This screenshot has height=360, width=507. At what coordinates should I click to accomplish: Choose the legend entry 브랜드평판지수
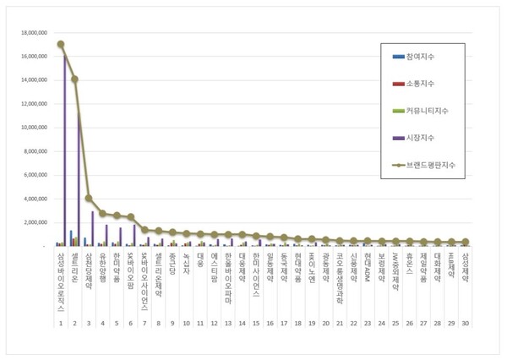point(430,166)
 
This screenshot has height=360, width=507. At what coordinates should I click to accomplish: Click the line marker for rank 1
point(60,44)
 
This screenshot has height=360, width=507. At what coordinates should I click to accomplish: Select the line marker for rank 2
point(74,79)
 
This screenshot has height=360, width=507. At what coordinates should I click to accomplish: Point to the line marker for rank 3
point(88,199)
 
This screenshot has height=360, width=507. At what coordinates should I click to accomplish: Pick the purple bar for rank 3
point(92,228)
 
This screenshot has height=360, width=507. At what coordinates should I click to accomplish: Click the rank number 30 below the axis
point(465,323)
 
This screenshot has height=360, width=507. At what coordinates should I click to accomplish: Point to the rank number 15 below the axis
point(242,323)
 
